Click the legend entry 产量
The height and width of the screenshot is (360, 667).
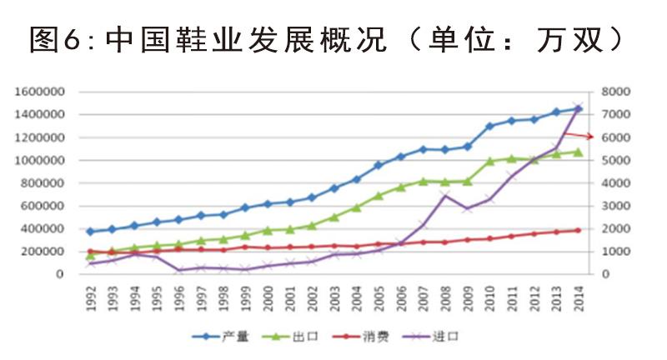[x=224, y=337]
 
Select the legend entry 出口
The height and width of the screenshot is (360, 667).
[x=301, y=337]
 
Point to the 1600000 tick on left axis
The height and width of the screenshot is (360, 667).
[x=42, y=92]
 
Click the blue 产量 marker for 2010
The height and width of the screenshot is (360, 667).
[x=489, y=126]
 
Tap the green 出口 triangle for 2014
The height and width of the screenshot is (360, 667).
[x=578, y=152]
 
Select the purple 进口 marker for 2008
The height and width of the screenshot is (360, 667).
[x=445, y=196]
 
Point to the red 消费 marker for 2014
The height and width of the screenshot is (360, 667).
[x=578, y=230]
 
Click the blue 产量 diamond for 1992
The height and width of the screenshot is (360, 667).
[x=91, y=232]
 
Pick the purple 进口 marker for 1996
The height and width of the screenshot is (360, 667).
[x=179, y=270]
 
